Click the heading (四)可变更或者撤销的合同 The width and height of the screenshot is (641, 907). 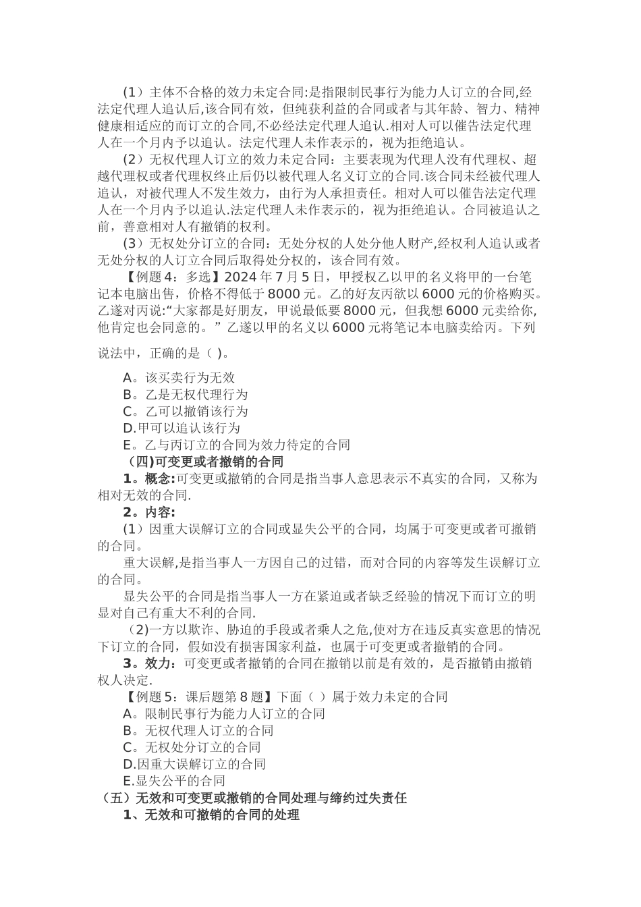coord(205,462)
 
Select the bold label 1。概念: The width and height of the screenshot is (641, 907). coord(149,478)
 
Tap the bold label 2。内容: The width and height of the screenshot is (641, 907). coord(149,512)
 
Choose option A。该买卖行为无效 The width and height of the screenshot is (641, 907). coord(179,378)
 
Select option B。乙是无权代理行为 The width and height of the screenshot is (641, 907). coord(185,395)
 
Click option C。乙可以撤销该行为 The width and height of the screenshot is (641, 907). coord(185,412)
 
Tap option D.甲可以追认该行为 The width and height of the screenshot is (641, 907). coord(182,429)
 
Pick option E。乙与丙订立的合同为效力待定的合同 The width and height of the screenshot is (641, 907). coord(236,445)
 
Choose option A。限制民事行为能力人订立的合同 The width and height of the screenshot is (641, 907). coord(224,713)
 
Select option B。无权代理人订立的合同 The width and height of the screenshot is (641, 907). coord(198,730)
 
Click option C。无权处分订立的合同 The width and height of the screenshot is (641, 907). coord(192,747)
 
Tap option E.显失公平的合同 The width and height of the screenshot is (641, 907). coord(174,781)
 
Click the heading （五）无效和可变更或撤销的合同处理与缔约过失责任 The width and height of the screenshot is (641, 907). coord(252,798)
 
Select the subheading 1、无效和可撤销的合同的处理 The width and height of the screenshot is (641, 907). coord(211,815)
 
